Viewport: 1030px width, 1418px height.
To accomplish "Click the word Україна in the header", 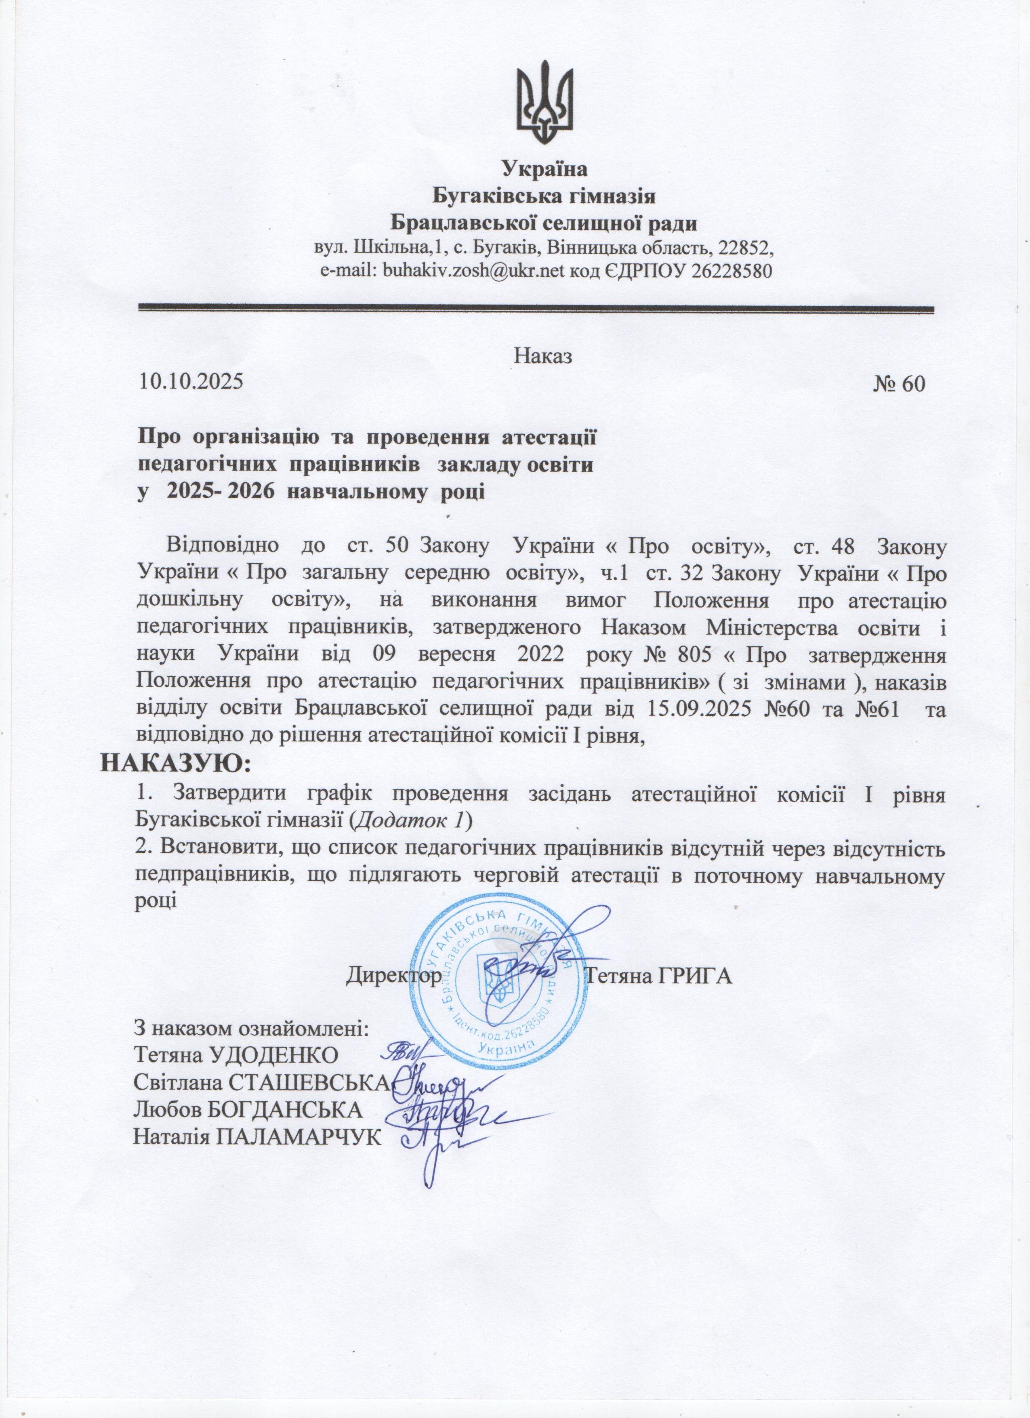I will [545, 169].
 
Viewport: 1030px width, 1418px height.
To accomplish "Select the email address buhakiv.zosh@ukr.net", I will [473, 271].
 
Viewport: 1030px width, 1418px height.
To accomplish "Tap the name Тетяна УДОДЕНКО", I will [236, 1054].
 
